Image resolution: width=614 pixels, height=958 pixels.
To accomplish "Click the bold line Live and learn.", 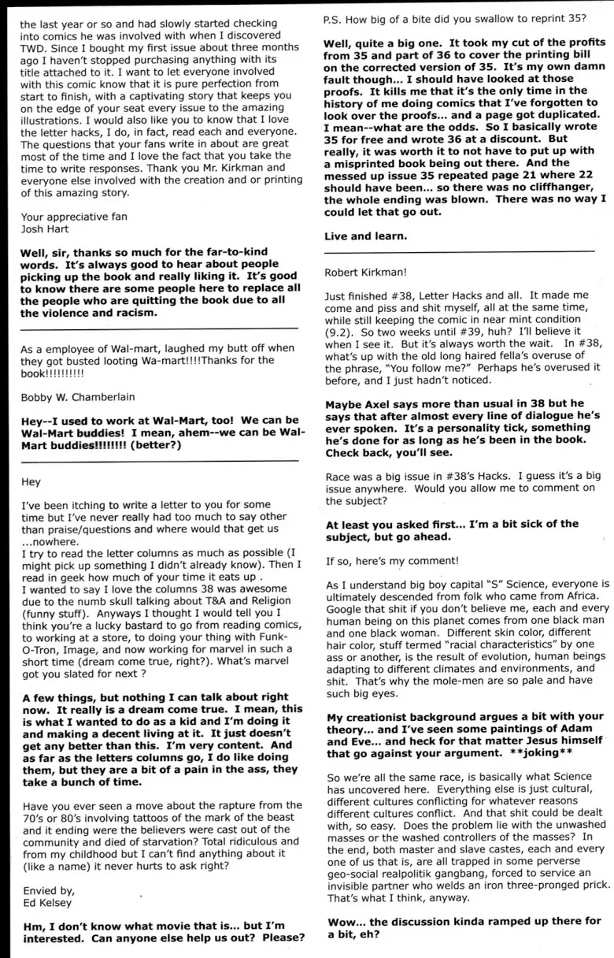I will (366, 236).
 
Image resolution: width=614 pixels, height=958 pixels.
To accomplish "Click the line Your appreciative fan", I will (73, 217).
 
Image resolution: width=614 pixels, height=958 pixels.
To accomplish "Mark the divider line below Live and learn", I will (460, 251).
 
